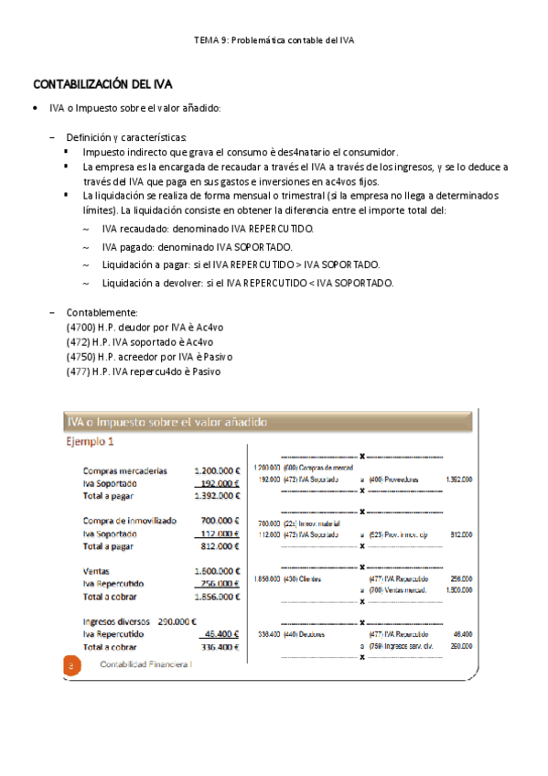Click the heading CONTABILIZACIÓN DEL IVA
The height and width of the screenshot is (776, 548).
click(102, 84)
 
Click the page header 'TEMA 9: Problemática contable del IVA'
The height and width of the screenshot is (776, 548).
click(274, 41)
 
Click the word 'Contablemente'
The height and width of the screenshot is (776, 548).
click(102, 311)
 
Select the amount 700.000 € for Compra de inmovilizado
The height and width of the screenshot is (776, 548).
click(220, 521)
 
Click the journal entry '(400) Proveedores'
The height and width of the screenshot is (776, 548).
click(395, 479)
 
